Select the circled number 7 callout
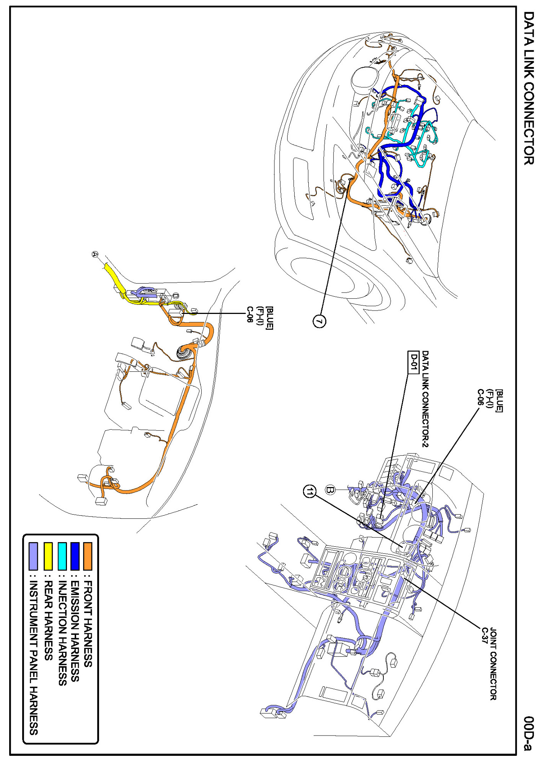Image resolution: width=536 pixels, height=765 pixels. [x=319, y=320]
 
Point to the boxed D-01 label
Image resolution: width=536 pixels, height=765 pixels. [x=413, y=362]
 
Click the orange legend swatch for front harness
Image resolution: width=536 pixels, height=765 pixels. [x=88, y=556]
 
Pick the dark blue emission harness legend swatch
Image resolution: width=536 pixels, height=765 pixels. [x=75, y=556]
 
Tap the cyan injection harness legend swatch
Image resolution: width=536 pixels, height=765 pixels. [x=62, y=556]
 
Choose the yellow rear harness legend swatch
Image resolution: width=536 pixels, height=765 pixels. [x=48, y=556]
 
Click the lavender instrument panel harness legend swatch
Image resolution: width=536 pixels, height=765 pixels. [x=34, y=556]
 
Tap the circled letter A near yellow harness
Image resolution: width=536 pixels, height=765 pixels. [x=95, y=254]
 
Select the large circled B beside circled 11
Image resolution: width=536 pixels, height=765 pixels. [x=330, y=490]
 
